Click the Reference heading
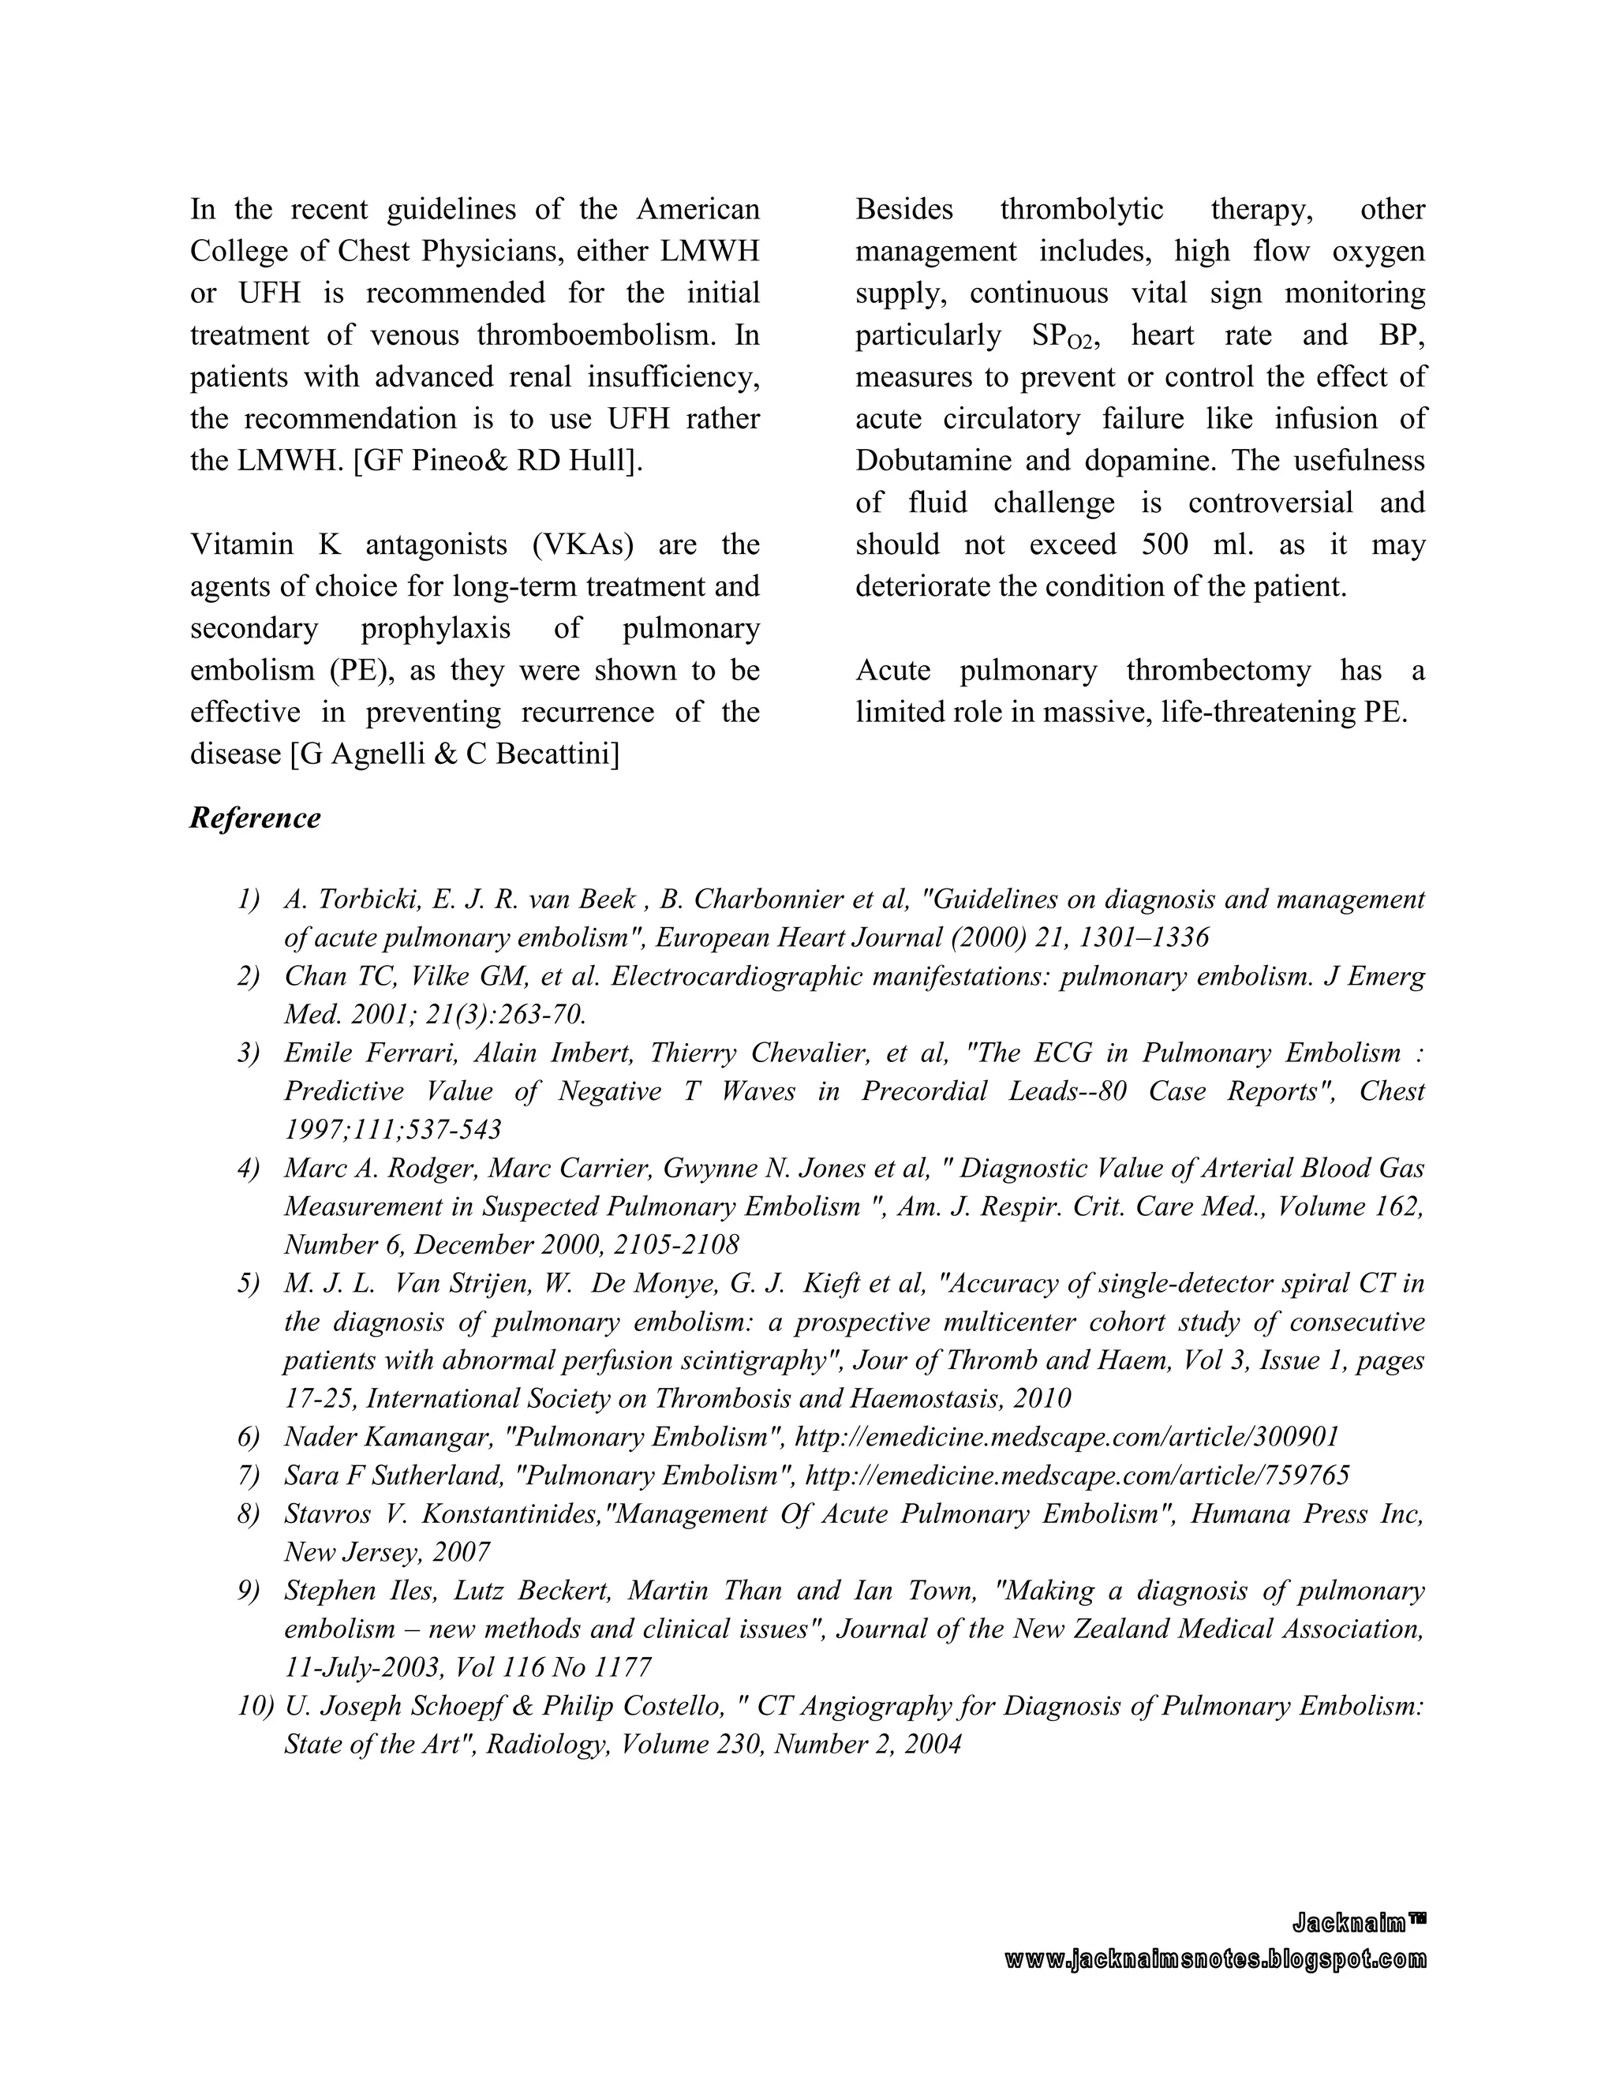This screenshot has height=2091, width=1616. (x=255, y=818)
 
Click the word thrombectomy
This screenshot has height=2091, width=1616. (x=1218, y=670)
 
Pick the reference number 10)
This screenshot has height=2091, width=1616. (x=255, y=1706)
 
